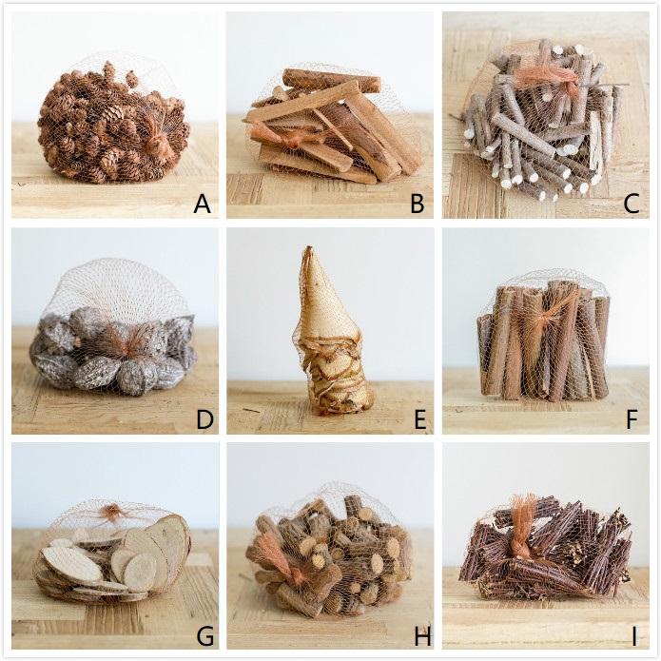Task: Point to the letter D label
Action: [201, 418]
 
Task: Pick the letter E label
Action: [416, 418]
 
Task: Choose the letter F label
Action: [632, 418]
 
